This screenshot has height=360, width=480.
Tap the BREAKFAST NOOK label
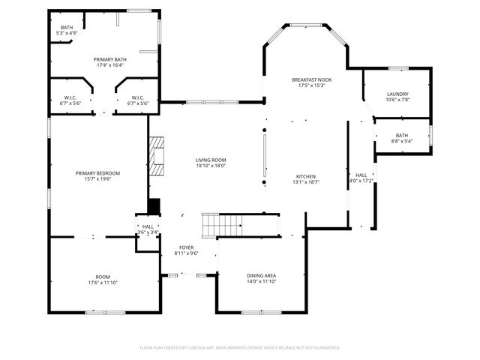pos(312,79)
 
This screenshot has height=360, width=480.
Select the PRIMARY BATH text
pos(110,59)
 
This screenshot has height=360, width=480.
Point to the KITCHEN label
pos(305,176)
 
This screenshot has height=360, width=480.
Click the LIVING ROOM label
pos(211,160)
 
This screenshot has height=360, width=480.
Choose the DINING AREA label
pos(261,275)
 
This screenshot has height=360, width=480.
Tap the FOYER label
pos(186,247)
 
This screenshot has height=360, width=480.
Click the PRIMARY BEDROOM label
pos(97,173)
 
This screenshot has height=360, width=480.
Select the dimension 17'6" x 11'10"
pos(103,283)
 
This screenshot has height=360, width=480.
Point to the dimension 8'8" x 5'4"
pos(403,141)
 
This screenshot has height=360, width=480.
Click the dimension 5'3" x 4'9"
pos(67,33)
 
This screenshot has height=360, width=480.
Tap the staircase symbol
pos(222,223)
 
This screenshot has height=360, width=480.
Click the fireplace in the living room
pos(155,156)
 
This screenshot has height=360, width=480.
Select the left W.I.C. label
pos(70,97)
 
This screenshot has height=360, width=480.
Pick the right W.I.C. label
pos(138,97)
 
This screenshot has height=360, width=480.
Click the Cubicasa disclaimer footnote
pos(240,347)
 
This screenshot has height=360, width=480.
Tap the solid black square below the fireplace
pos(154,206)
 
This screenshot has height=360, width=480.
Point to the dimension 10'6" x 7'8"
pos(397,99)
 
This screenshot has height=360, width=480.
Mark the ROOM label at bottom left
pos(103,277)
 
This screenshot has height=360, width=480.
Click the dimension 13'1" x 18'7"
pos(305,182)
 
